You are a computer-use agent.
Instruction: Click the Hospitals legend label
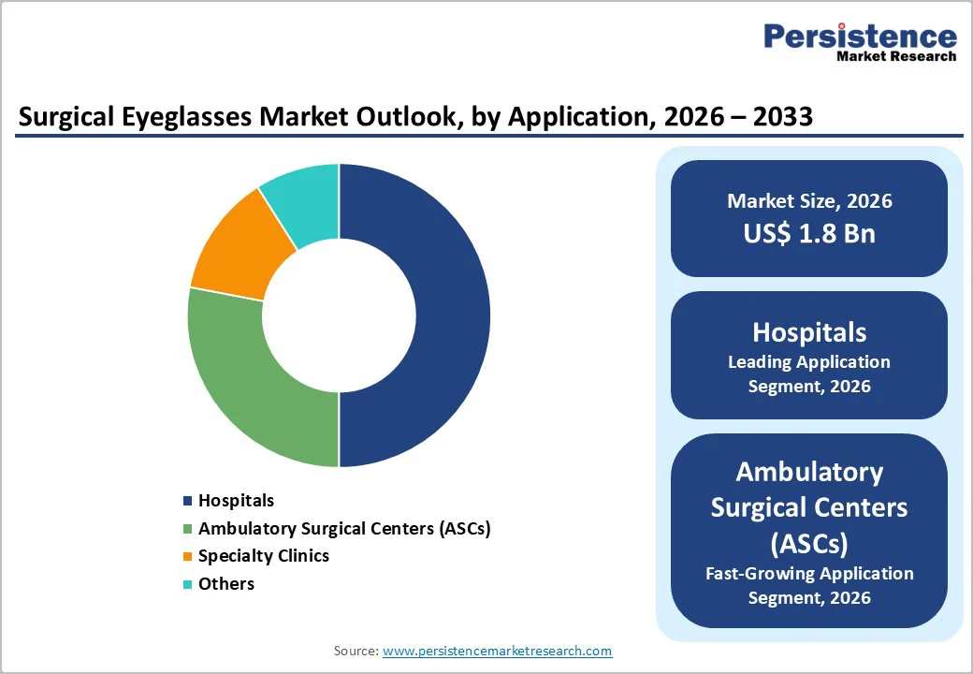pos(236,501)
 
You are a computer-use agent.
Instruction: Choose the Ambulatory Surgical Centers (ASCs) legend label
pos(344,528)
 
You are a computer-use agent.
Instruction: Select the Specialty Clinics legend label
pos(264,556)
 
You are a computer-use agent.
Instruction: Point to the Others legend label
pos(226,584)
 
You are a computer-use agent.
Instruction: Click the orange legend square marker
pos(188,557)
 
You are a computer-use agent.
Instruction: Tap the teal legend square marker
pos(188,585)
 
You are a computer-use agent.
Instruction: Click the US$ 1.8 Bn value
pos(809,233)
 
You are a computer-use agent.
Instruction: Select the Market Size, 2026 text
pos(809,201)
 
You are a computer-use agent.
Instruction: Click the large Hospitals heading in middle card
pos(809,332)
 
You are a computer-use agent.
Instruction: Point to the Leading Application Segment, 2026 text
pos(809,374)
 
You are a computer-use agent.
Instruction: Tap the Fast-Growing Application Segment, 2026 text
pos(809,585)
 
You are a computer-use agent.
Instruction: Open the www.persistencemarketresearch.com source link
pos(497,651)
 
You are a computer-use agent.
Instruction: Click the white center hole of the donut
pos(339,315)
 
